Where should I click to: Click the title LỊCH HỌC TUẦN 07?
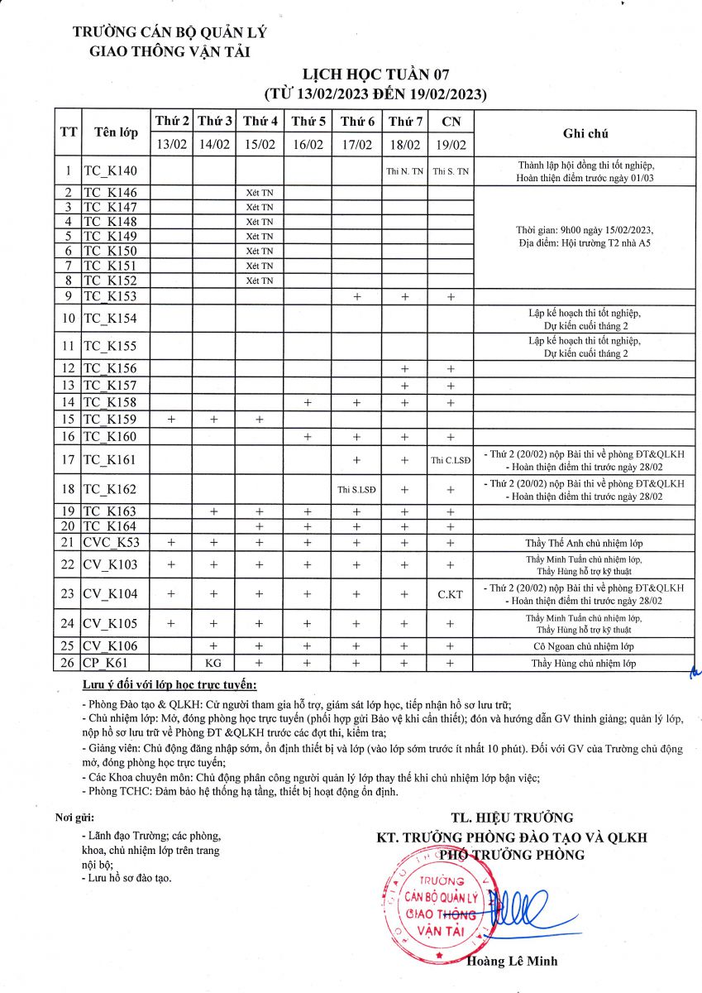(x=375, y=75)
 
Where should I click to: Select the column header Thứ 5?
(x=308, y=121)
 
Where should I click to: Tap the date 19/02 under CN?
(x=451, y=144)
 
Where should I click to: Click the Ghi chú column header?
(x=585, y=132)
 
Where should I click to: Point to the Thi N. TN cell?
(x=404, y=172)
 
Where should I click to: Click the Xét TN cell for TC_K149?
(x=259, y=237)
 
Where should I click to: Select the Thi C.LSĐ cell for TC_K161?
(x=451, y=460)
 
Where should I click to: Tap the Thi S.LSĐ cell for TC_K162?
(x=356, y=489)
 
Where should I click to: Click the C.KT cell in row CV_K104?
(x=451, y=594)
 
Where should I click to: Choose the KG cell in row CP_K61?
(x=213, y=663)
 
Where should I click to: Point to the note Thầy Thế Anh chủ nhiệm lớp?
(x=584, y=544)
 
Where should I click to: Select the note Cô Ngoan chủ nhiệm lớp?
(x=584, y=646)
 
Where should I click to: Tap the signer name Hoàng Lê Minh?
(x=512, y=961)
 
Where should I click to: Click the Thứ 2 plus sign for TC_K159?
(x=172, y=420)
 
